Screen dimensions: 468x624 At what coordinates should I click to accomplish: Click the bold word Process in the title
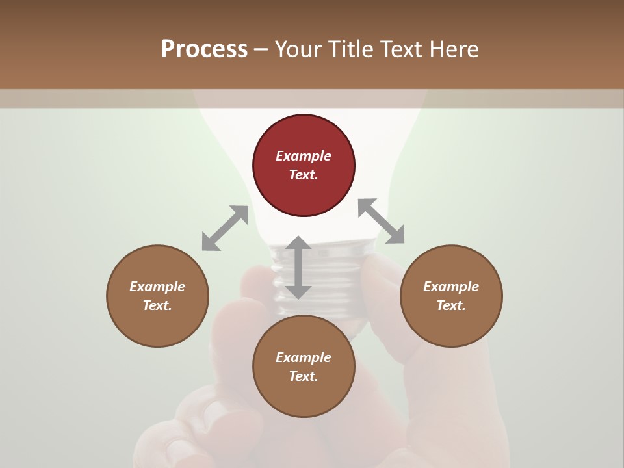coord(204,49)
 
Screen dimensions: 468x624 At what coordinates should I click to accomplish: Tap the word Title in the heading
coord(350,49)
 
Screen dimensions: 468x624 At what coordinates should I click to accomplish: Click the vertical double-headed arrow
coord(298,268)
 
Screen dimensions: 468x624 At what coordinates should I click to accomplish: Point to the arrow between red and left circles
coord(225,228)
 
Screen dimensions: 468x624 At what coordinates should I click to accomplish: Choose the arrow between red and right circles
coord(382,221)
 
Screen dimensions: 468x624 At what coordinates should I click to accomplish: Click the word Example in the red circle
coord(304,156)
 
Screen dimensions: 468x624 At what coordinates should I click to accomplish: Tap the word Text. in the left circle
coord(157,305)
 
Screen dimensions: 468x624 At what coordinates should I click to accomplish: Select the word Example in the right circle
coord(451,287)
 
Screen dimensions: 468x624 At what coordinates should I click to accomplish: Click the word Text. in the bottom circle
coord(304,376)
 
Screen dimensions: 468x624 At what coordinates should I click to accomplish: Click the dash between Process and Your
coord(261,49)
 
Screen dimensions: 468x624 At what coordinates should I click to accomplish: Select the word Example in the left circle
coord(157,287)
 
